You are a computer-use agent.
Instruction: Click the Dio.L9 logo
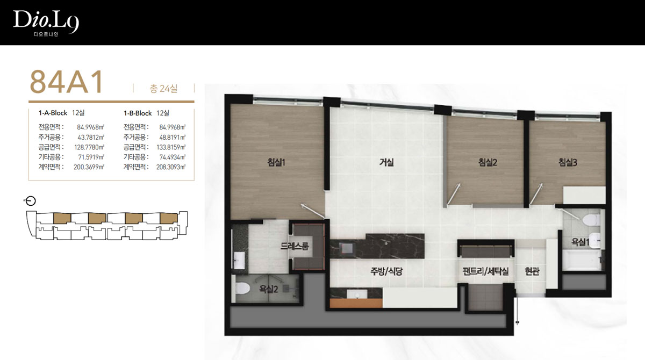[x=46, y=23]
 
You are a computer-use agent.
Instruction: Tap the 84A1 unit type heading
[x=67, y=82]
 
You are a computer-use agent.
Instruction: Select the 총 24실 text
[x=163, y=88]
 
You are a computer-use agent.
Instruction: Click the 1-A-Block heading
[x=53, y=113]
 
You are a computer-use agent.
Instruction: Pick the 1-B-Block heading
[x=138, y=113]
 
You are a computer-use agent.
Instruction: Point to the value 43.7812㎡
[x=91, y=137]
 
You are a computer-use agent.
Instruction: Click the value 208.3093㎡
[x=171, y=167]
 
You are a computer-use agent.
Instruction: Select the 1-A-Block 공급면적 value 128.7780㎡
[x=89, y=147]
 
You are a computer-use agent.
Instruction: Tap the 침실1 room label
[x=276, y=162]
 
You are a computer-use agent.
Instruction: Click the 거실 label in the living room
[x=386, y=162]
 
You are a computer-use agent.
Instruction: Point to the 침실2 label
[x=488, y=162]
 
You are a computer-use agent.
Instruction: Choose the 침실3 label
[x=568, y=162]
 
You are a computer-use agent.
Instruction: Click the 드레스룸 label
[x=295, y=246]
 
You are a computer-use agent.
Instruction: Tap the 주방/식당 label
[x=386, y=271]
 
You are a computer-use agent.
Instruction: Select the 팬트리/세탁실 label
[x=485, y=271]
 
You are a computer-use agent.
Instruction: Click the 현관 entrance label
[x=532, y=271]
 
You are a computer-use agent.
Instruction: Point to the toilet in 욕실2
[x=242, y=289]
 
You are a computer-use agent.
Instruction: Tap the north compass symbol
[x=30, y=201]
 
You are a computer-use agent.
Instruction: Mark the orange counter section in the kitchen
[x=356, y=303]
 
